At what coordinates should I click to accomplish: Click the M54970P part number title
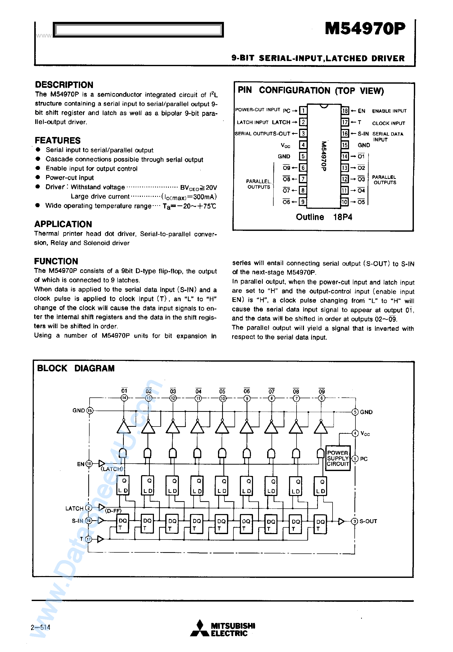click(365, 29)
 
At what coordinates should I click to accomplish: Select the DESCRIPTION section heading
click(64, 85)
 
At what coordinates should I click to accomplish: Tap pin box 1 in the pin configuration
click(303, 110)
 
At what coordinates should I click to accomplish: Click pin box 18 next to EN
click(345, 111)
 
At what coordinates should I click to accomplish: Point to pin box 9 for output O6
click(303, 202)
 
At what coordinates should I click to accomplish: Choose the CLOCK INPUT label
click(388, 123)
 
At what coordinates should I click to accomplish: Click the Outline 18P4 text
click(324, 217)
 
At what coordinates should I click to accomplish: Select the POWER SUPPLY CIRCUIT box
click(337, 458)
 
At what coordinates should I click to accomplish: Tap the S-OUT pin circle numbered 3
click(354, 521)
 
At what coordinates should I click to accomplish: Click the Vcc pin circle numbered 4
click(355, 433)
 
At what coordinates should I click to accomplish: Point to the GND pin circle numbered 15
click(90, 411)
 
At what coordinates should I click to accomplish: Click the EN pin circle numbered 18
click(89, 464)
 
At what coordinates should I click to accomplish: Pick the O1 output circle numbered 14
click(124, 398)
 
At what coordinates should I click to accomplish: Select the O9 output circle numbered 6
click(321, 398)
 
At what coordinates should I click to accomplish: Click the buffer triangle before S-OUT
click(341, 521)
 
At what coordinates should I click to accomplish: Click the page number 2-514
click(40, 627)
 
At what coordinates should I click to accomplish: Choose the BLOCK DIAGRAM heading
click(76, 368)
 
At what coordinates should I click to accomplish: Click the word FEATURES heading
click(58, 140)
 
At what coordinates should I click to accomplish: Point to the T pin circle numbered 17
click(89, 539)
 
